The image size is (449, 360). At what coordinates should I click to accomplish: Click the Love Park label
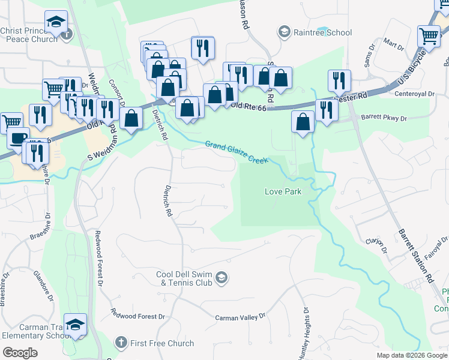click(x=283, y=191)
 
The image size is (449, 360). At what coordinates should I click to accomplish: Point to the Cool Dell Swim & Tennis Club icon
click(x=221, y=277)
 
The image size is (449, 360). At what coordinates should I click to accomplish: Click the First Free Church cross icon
click(x=121, y=343)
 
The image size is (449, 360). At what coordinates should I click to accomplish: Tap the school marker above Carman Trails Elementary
click(x=75, y=325)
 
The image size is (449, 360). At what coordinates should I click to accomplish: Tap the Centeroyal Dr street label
click(x=414, y=94)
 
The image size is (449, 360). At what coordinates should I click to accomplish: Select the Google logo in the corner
click(x=20, y=352)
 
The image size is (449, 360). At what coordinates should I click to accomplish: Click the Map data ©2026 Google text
click(x=411, y=355)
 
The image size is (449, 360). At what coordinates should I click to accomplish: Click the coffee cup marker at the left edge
click(x=18, y=138)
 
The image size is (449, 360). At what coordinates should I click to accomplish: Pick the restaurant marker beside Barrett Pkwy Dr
click(x=326, y=109)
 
